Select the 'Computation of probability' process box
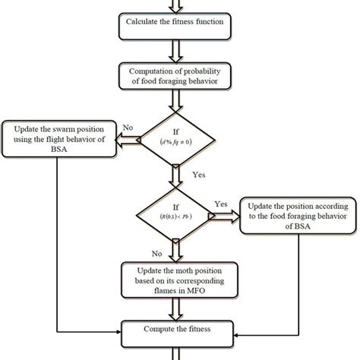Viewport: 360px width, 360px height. (x=180, y=77)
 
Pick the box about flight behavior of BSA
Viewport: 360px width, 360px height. (x=59, y=141)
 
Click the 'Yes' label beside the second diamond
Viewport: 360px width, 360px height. (x=221, y=204)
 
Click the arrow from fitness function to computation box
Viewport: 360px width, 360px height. (x=180, y=52)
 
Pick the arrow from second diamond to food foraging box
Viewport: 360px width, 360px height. (x=228, y=216)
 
